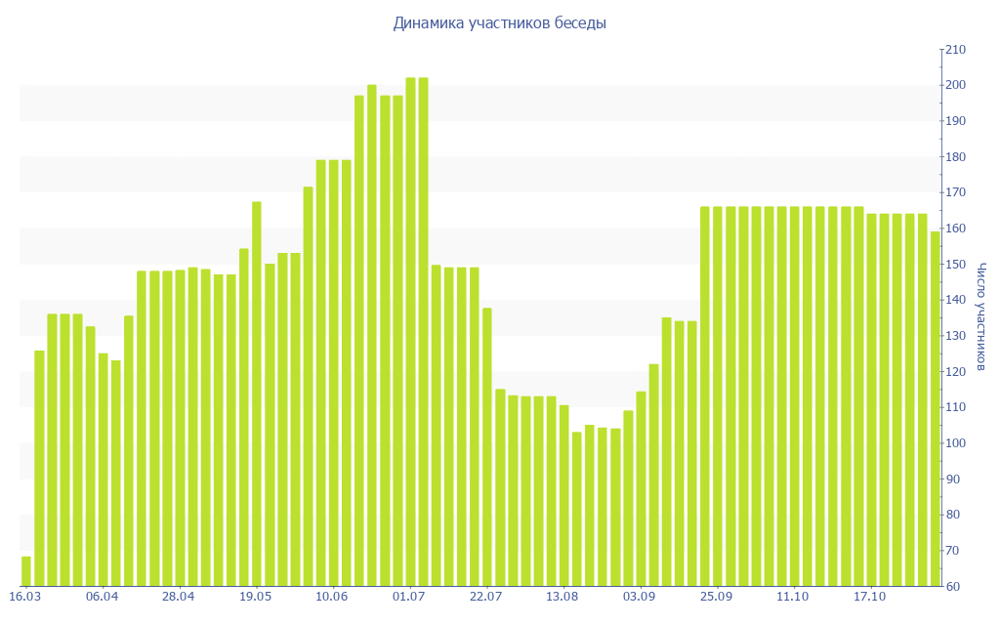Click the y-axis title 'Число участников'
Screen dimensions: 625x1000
(980, 316)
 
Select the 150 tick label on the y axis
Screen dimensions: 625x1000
(954, 265)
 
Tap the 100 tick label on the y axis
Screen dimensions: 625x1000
(954, 443)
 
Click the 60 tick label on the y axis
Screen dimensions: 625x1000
(954, 587)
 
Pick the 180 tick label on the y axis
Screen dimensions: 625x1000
(954, 157)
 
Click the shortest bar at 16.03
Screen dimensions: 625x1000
(26, 571)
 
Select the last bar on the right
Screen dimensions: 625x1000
(935, 410)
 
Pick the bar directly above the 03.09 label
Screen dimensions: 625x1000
(641, 488)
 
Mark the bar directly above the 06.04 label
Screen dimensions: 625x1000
(104, 469)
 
